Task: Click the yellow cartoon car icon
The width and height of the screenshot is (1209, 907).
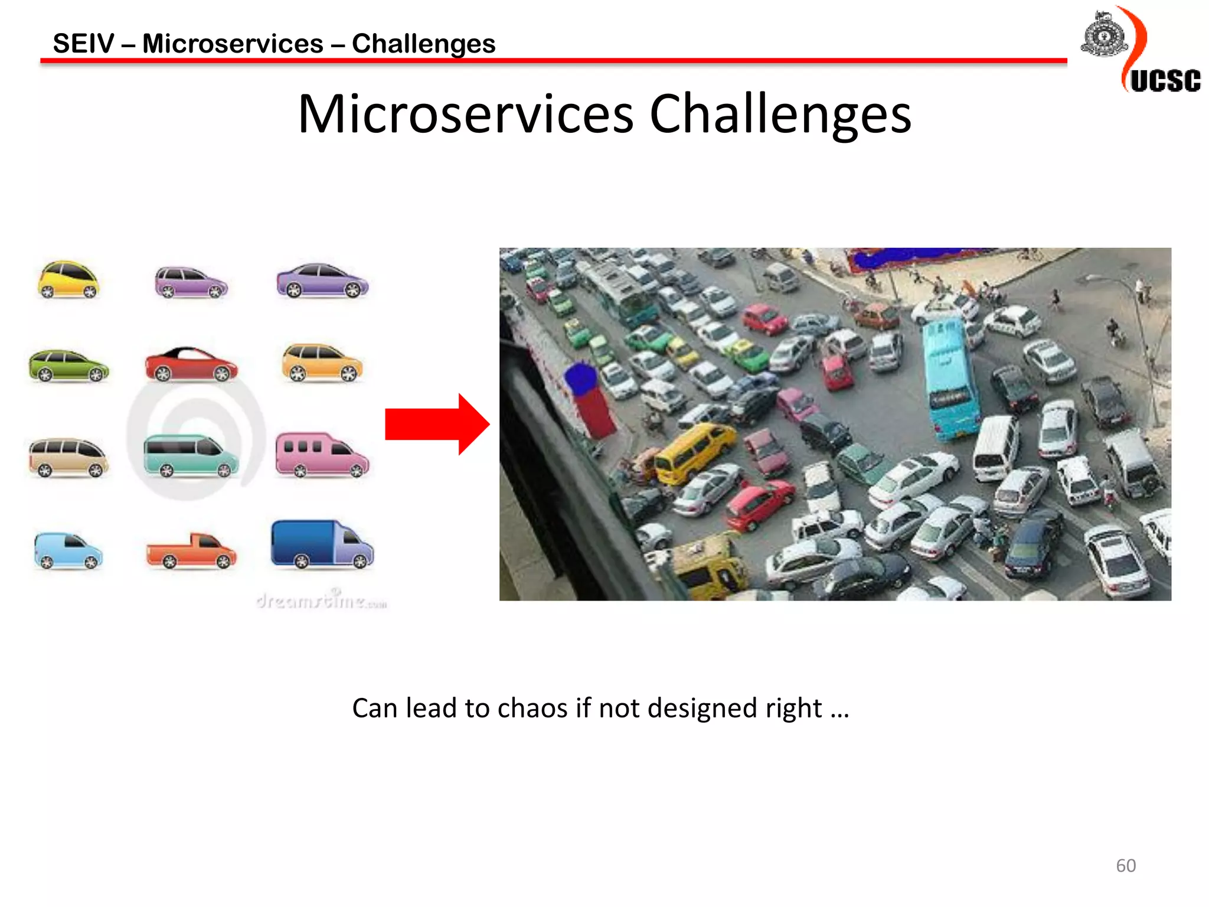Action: [x=68, y=280]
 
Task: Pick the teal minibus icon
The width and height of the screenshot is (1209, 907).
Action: [x=191, y=455]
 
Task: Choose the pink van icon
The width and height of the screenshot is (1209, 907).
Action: [x=321, y=455]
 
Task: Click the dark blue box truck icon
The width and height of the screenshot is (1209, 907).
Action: [x=322, y=544]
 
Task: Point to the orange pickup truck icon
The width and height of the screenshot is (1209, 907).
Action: [x=191, y=551]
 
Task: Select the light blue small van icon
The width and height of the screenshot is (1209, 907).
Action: [x=68, y=551]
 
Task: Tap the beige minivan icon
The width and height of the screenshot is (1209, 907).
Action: [x=68, y=457]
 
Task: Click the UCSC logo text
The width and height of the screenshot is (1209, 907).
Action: [x=1165, y=81]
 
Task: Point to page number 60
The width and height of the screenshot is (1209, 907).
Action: [x=1125, y=866]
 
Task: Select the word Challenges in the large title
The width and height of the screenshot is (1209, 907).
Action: [x=780, y=115]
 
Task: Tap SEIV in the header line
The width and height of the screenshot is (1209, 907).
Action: [x=83, y=44]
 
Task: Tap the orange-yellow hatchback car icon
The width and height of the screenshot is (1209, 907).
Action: [x=322, y=363]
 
